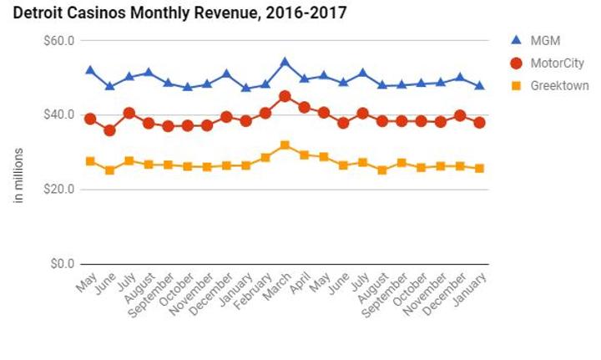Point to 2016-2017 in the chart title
[x=311, y=13]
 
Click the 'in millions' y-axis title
[x=18, y=175]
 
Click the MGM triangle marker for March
[x=285, y=62]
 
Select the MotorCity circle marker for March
[x=285, y=96]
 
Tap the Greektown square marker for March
[x=285, y=145]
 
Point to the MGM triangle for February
[x=265, y=84]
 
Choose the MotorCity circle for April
[x=305, y=107]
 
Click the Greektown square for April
[x=305, y=155]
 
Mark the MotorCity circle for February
[x=265, y=113]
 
